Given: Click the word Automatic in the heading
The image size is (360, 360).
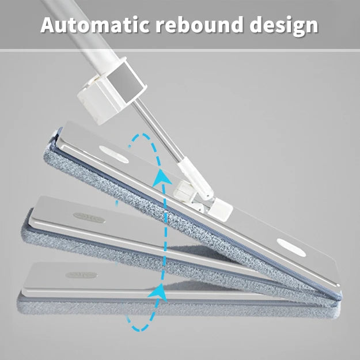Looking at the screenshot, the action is [x=95, y=25].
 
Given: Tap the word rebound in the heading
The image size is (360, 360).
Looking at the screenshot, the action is [x=199, y=24].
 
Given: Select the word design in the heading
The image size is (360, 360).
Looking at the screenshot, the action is [x=284, y=26].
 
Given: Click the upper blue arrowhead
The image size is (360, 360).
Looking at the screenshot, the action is [x=162, y=178].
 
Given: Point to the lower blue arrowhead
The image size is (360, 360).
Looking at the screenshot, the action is [x=158, y=292].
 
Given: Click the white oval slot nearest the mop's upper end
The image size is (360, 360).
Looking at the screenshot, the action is [x=114, y=154].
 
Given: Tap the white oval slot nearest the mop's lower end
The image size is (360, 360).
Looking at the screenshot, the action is [x=291, y=248].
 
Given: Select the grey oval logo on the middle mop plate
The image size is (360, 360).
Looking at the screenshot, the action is [x=89, y=218].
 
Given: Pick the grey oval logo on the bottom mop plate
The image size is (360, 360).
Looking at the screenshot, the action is [x=81, y=275].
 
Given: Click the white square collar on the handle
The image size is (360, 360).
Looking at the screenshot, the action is [x=112, y=90].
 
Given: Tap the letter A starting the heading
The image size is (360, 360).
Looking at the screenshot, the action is [x=49, y=25].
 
